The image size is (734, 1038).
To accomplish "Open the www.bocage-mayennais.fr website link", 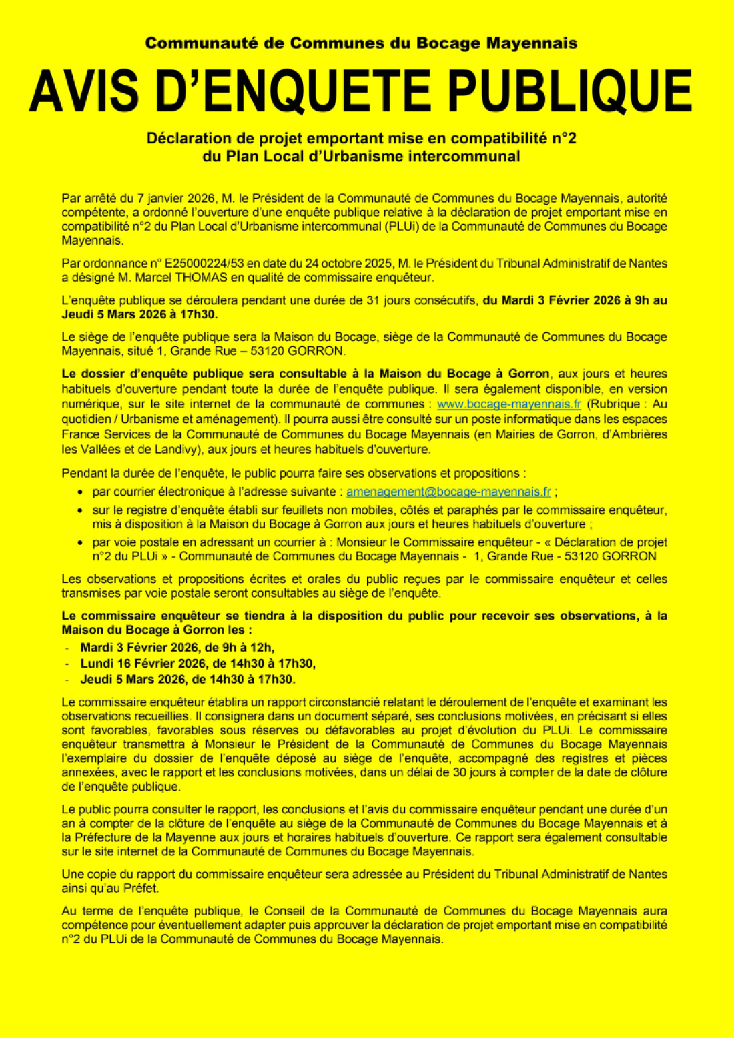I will [509, 404].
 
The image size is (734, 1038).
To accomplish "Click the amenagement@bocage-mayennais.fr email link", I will [448, 492].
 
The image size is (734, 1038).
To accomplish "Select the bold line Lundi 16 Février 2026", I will [198, 664].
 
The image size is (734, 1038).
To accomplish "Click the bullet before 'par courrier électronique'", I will [80, 492].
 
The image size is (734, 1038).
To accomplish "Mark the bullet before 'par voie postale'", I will [80, 543].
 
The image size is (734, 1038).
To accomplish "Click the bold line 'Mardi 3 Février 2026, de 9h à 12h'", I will [177, 648].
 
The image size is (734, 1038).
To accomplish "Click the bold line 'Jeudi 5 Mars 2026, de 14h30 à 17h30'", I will [188, 680].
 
